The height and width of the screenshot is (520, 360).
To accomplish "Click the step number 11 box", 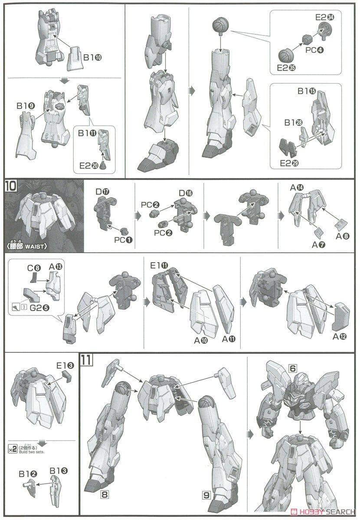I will (x=85, y=359).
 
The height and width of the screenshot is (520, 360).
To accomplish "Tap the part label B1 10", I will (x=92, y=57).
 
